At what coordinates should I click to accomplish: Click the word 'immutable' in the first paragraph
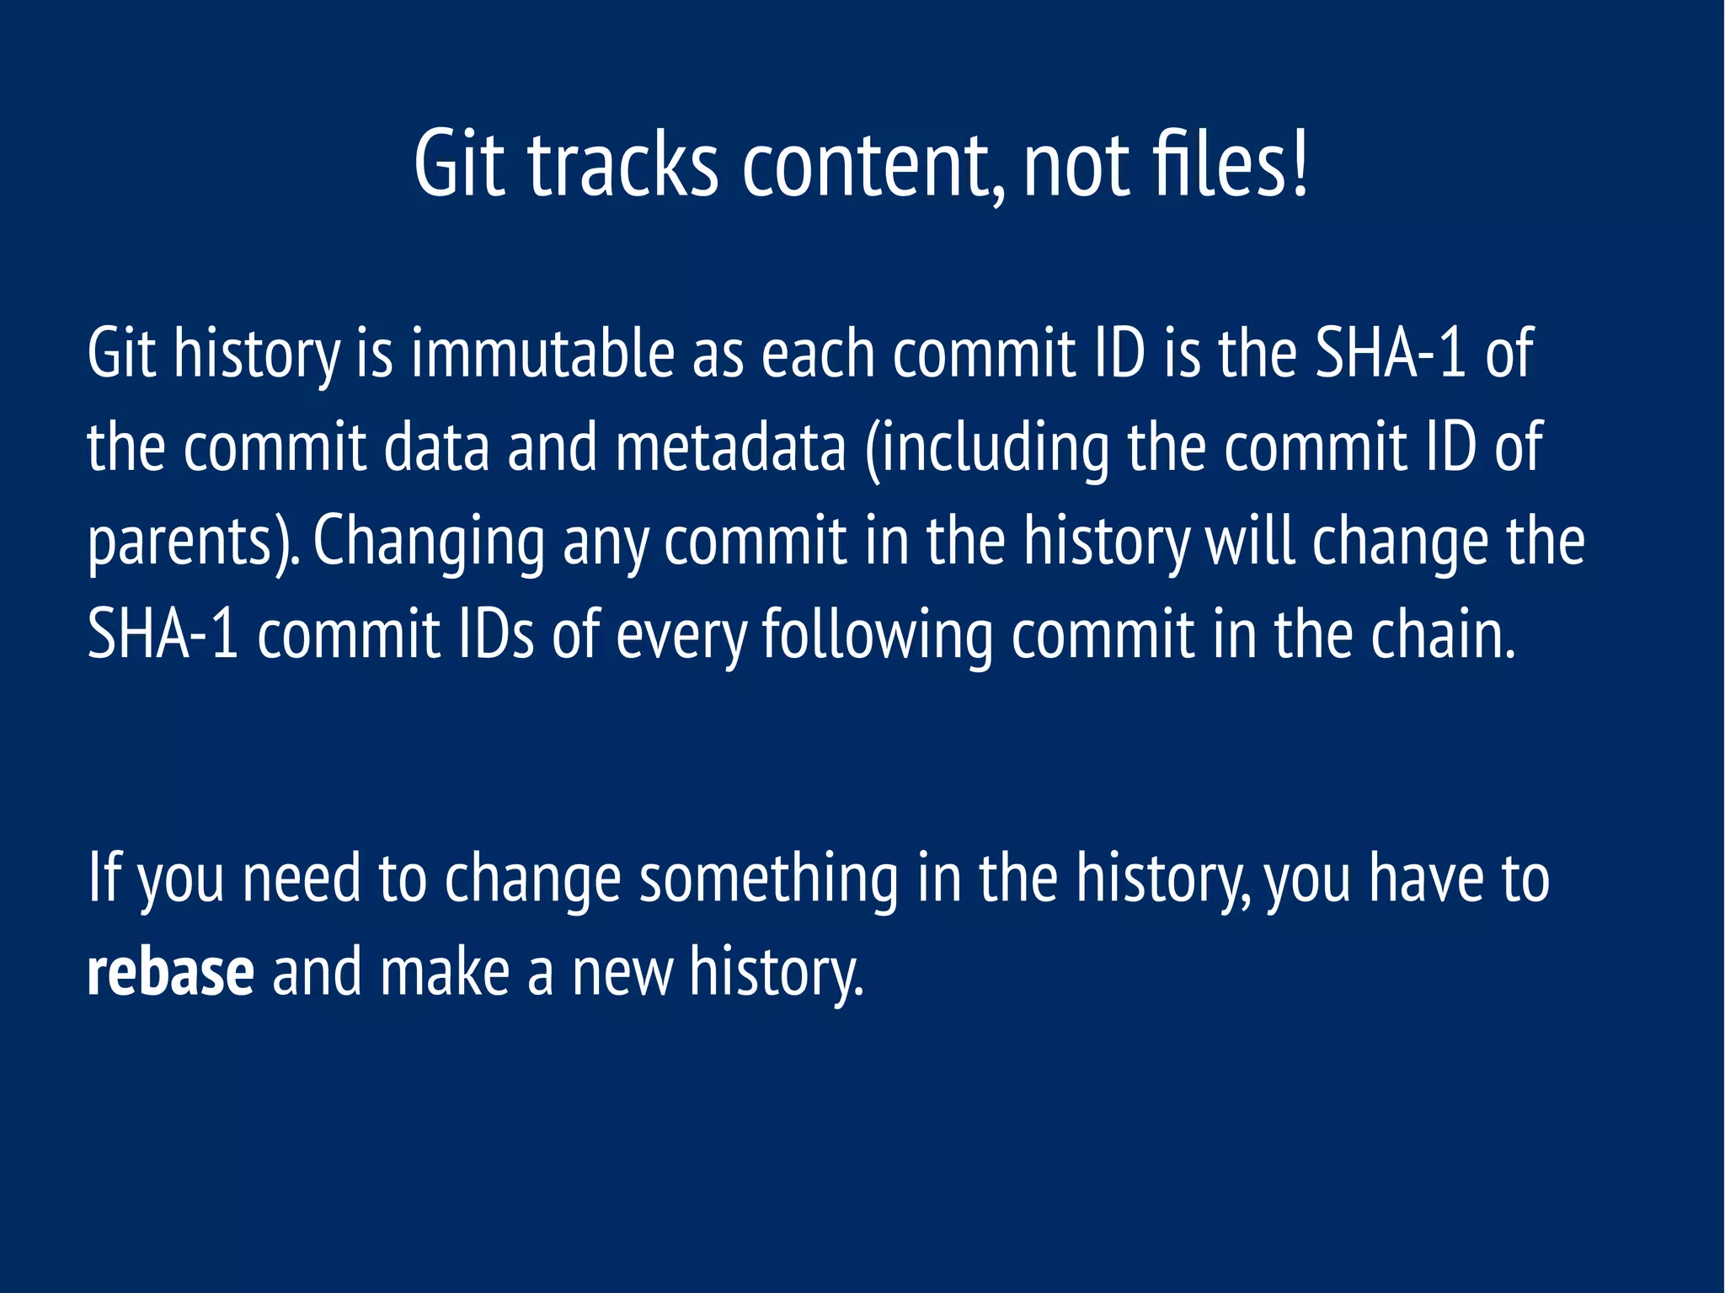pyautogui.click(x=542, y=354)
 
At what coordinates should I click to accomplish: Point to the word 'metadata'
pyautogui.click(x=730, y=447)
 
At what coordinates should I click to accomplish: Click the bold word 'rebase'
pyautogui.click(x=170, y=972)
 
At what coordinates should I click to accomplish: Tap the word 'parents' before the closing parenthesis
pyautogui.click(x=178, y=543)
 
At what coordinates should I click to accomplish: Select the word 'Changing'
pyautogui.click(x=429, y=543)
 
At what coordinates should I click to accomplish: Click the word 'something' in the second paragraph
pyautogui.click(x=769, y=879)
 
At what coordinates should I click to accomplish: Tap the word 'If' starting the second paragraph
pyautogui.click(x=104, y=879)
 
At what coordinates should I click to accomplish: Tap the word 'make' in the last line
pyautogui.click(x=445, y=972)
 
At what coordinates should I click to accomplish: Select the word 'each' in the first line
pyautogui.click(x=817, y=354)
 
